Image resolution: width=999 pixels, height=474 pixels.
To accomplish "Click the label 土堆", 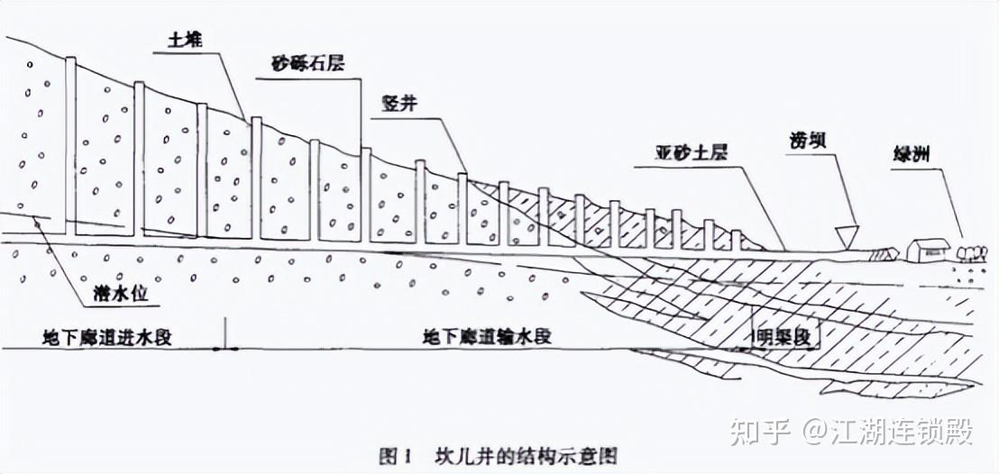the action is click(x=187, y=41).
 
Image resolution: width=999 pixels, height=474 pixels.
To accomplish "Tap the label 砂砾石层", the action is click(x=308, y=65).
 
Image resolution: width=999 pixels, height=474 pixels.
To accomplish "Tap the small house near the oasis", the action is click(x=926, y=249).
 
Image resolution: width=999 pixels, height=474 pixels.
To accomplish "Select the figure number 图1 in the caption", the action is click(x=396, y=455).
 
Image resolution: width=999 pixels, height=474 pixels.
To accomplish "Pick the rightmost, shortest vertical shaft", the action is click(x=736, y=240).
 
